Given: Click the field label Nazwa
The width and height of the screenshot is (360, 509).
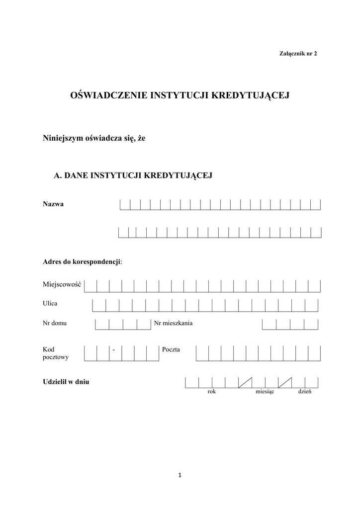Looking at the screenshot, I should (x=53, y=204).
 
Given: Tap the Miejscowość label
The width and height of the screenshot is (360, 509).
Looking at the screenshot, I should (x=62, y=284).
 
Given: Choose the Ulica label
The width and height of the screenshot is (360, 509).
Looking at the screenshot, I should (x=50, y=303).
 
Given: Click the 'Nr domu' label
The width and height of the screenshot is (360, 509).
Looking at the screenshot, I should (x=55, y=323).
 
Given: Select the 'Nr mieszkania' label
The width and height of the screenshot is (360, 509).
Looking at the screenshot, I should (x=174, y=323).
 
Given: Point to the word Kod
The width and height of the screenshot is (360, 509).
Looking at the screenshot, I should (x=48, y=350).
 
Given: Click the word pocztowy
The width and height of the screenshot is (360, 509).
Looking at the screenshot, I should (x=56, y=357).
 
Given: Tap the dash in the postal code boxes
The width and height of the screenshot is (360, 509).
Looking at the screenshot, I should (x=114, y=350).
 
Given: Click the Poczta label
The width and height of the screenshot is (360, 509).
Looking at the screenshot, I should (x=172, y=350).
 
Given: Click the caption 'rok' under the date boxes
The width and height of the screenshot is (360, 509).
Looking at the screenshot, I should (x=212, y=392).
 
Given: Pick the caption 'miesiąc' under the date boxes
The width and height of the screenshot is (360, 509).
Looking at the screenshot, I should (x=265, y=392).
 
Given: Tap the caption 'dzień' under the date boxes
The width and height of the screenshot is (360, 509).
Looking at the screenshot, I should (x=304, y=392).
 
